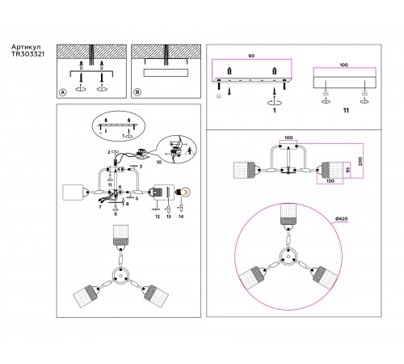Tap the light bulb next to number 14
[x=183, y=193]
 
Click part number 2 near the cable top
[x=105, y=152]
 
